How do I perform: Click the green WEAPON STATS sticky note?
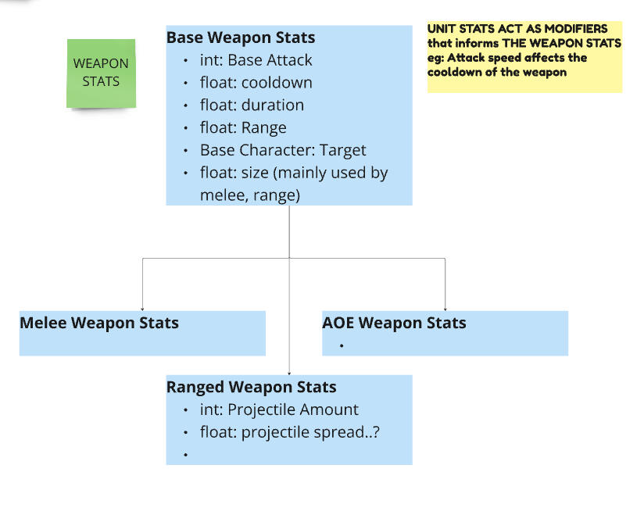[x=101, y=73]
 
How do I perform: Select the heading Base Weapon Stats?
[x=241, y=38]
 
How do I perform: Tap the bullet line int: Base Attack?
[x=256, y=60]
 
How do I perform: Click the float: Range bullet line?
[x=243, y=128]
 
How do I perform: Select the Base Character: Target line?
[x=283, y=150]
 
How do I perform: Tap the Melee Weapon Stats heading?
[x=99, y=323]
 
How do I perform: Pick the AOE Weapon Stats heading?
[x=394, y=323]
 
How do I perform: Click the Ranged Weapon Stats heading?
[x=251, y=387]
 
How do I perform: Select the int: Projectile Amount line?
[x=279, y=409]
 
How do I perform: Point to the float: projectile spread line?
[x=290, y=432]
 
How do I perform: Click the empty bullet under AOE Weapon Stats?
[x=342, y=345]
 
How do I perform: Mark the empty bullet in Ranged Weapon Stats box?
[x=185, y=454]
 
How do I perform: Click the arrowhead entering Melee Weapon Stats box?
[x=142, y=308]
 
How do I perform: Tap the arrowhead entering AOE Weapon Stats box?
[x=445, y=308]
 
